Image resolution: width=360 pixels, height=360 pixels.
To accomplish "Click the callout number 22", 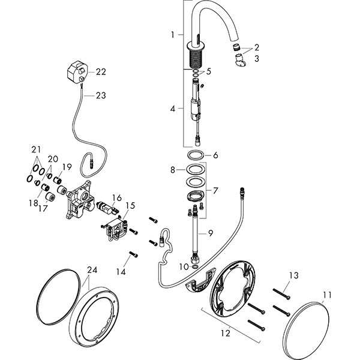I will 101,71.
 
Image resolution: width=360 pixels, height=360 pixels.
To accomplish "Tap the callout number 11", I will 327,294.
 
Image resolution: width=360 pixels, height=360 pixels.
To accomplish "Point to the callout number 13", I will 293,275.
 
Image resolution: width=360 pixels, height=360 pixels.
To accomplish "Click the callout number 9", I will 210,233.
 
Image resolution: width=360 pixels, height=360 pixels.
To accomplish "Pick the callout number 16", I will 117,197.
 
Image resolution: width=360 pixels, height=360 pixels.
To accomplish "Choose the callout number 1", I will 172,35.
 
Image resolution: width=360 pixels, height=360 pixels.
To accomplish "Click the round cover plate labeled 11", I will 310,329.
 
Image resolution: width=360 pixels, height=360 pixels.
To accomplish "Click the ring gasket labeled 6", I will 194,155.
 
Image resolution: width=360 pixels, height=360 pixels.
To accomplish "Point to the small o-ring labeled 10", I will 194,265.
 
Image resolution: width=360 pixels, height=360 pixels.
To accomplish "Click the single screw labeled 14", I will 134,254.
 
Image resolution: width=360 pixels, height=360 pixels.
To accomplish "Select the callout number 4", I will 172,109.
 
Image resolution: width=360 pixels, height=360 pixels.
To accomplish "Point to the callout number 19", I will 67,167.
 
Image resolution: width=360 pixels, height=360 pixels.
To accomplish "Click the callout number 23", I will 100,94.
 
